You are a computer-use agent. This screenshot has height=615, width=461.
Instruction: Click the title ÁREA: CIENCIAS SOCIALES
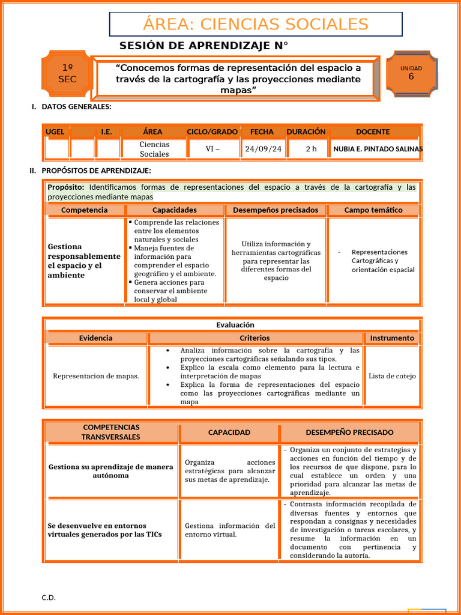[256, 24]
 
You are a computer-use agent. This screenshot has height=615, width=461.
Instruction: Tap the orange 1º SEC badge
[67, 73]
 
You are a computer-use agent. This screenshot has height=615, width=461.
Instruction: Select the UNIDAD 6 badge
[411, 73]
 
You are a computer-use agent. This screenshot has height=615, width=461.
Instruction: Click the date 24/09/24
[263, 149]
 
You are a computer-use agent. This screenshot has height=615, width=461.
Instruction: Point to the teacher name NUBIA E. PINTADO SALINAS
[378, 149]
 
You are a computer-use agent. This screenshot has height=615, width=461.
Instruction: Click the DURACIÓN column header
[306, 132]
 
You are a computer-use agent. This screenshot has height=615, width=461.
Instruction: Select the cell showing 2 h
[311, 149]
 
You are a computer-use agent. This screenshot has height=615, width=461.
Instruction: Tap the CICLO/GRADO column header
[212, 132]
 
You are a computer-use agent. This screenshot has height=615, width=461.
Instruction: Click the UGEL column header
[56, 132]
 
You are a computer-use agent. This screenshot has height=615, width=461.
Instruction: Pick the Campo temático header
[373, 210]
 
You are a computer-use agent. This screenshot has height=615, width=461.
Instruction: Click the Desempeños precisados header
[276, 210]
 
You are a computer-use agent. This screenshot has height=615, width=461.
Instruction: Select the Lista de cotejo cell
[392, 376]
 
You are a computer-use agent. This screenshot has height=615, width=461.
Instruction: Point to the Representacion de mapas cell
[96, 376]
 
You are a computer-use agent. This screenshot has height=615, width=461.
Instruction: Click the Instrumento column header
[392, 338]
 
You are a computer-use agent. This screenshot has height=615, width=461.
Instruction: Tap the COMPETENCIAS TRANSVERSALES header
[111, 432]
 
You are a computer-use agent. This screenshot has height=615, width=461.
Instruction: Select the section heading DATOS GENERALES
[76, 107]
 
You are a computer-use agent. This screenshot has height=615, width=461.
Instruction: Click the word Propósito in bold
[65, 187]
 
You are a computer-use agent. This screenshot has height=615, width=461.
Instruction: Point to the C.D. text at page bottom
[49, 597]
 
